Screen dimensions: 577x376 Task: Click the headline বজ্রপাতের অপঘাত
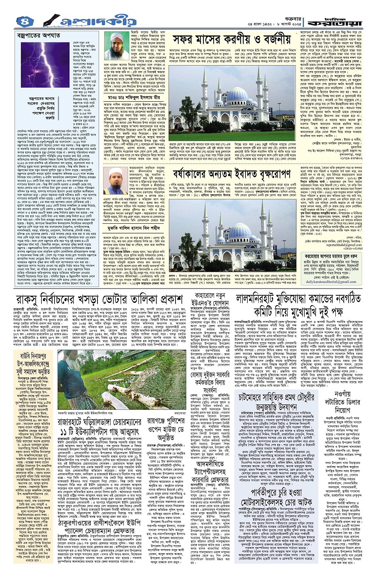[36, 35]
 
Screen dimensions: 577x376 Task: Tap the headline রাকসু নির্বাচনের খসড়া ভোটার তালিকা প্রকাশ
[105, 299]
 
